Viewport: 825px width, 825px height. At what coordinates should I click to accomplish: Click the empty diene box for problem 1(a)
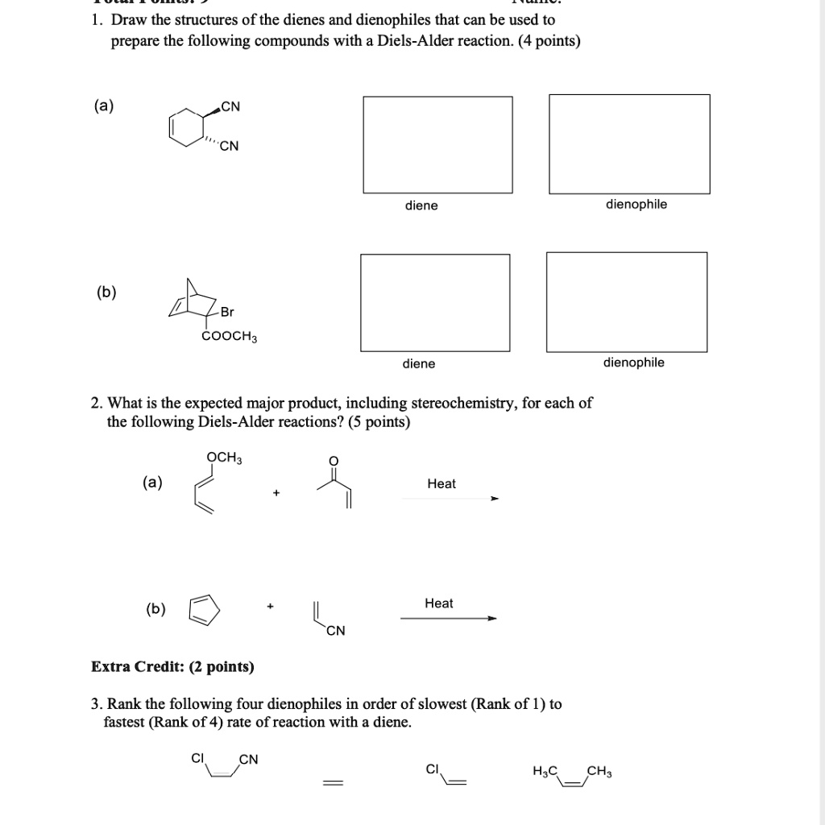437,145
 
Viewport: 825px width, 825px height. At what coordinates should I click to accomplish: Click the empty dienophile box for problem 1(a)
629,144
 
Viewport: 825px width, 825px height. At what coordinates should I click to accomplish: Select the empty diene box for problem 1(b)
435,303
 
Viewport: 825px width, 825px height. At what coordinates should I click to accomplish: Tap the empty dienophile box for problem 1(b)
627,302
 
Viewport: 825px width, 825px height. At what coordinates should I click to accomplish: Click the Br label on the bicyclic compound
227,312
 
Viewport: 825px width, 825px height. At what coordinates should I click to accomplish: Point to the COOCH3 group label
230,336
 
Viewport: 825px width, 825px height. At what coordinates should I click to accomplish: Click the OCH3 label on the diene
224,458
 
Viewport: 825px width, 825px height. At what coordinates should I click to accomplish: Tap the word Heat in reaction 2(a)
442,483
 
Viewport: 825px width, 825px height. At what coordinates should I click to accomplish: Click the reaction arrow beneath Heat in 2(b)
448,619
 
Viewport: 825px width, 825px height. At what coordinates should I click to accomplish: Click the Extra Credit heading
172,666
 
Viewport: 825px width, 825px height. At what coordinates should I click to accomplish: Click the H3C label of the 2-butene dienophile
545,772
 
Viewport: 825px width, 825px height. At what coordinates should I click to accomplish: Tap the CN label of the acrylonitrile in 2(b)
336,631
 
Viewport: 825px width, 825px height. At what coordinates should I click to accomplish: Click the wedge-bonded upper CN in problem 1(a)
230,106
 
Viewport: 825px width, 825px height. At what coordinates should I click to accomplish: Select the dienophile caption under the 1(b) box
634,363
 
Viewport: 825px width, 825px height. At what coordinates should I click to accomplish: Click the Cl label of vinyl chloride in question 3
433,769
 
